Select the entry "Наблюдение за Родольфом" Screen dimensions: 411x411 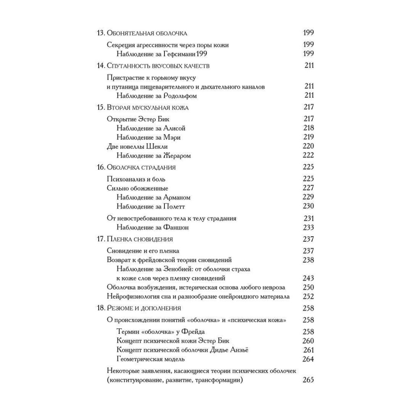tap(157, 96)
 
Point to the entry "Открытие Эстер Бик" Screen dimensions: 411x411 tap(137, 119)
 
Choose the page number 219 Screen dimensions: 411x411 tap(308, 137)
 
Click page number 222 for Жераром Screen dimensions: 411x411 tap(308, 156)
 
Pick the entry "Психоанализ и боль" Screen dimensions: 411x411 tap(136, 179)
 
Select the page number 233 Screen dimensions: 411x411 tap(308, 227)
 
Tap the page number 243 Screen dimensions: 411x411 tap(308, 278)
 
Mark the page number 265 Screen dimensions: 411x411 tap(308, 380)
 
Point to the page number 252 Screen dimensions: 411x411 tap(308, 296)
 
